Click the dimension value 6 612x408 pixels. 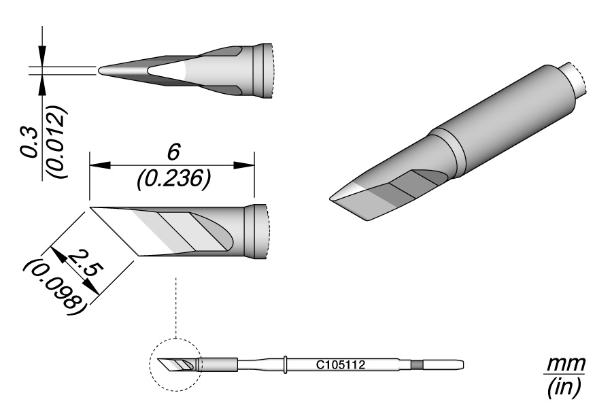click(x=173, y=152)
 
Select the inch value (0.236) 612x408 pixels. click(x=174, y=180)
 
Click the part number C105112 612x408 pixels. click(x=341, y=365)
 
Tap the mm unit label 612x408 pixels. click(x=566, y=364)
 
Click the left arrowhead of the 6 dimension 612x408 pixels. click(x=100, y=165)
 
